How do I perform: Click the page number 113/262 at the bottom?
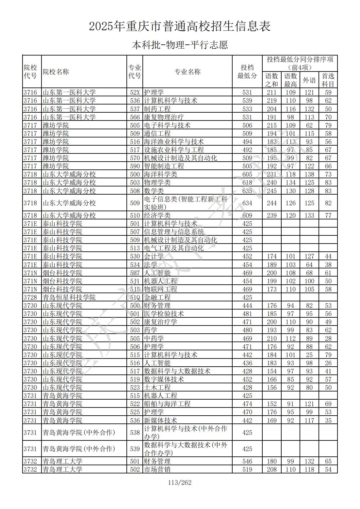click(180, 483)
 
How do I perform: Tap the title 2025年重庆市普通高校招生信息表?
click(180, 26)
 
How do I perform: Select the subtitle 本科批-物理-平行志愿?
click(180, 45)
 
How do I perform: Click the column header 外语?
click(309, 80)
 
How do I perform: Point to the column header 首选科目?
click(328, 80)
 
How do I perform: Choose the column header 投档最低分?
click(247, 72)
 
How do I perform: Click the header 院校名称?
click(56, 72)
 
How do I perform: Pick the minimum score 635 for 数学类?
click(247, 191)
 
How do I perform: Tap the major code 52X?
click(135, 92)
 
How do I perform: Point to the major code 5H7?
click(135, 273)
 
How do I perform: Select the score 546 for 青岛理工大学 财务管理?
click(247, 461)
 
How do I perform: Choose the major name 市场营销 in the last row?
click(157, 469)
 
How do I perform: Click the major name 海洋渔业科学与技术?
click(174, 142)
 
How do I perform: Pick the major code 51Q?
click(135, 297)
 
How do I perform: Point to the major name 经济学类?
click(157, 215)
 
